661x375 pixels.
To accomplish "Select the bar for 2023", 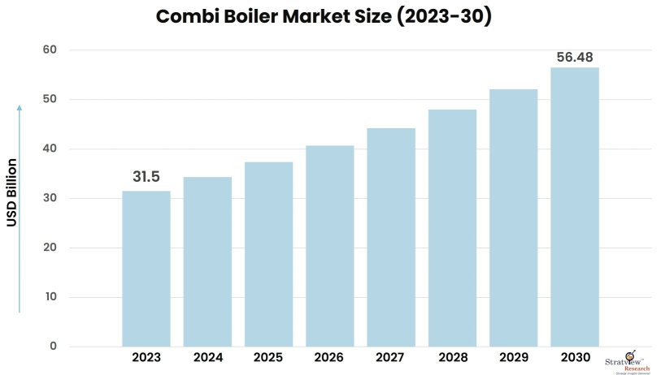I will point(146,269).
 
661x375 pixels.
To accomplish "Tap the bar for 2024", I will point(207,261).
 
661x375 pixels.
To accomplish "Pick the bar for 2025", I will point(268,254).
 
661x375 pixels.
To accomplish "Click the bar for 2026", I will point(329,246).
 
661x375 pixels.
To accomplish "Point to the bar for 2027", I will point(391,237).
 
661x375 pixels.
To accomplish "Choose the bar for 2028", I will point(452,228).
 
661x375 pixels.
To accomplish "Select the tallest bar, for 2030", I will point(574,207).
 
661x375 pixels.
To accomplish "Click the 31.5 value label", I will point(146,176).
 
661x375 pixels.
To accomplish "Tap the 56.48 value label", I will point(574,58).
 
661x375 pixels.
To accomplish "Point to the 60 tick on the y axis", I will point(50,50).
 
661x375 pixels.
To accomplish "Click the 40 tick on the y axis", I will point(50,149).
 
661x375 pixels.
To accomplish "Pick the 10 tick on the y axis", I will point(50,297).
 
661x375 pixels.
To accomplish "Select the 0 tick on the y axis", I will point(53,347).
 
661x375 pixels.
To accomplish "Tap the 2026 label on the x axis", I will point(329,358).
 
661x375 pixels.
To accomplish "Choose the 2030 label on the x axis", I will point(574,358).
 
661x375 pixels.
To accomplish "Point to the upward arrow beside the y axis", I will point(20,208).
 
